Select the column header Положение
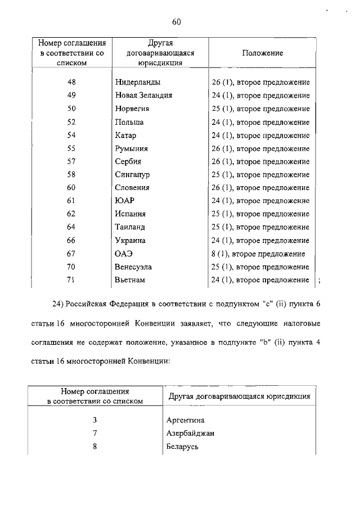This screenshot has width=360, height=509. tap(262, 53)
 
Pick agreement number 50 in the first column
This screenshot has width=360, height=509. tap(71, 109)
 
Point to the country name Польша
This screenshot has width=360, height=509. tap(129, 122)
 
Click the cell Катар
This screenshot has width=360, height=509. tap(125, 136)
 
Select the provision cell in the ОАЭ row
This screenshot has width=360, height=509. tap(258, 254)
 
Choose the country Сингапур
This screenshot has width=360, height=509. tap(132, 175)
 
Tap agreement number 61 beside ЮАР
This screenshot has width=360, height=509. tap(71, 201)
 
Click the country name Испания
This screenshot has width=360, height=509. tap(130, 214)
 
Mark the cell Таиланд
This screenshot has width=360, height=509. tap(130, 227)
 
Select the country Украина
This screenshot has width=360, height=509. tap(130, 241)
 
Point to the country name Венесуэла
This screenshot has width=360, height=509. tap(133, 267)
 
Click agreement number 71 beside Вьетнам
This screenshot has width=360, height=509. tap(71, 280)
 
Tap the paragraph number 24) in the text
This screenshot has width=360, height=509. tap(59, 305)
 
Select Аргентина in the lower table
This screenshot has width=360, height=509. tap(186, 420)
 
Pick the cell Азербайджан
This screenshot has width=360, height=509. tap(191, 434)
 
